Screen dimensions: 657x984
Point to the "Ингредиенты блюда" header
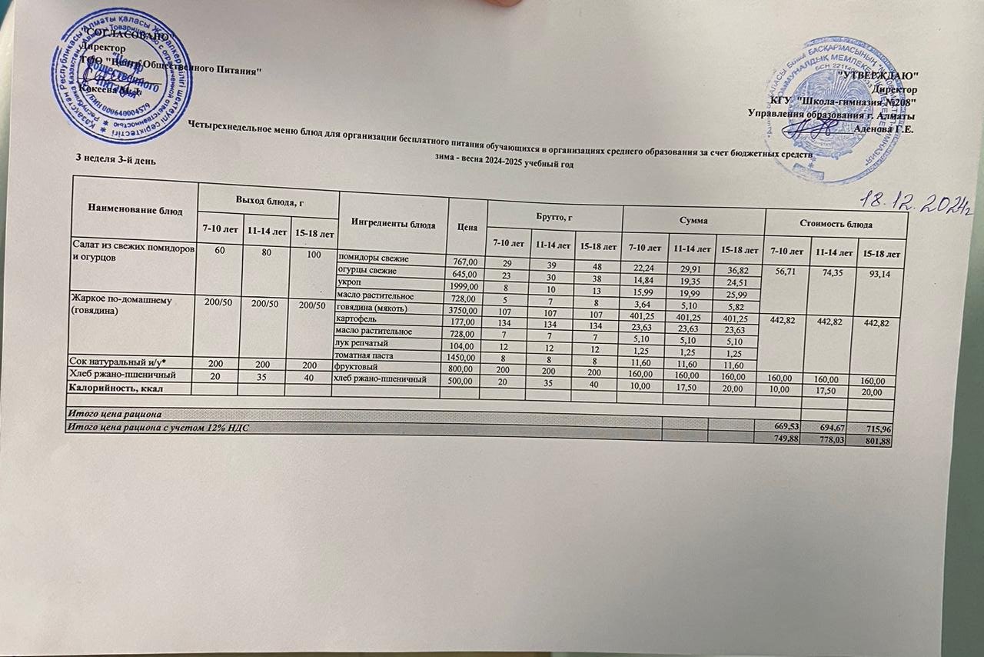[x=391, y=222]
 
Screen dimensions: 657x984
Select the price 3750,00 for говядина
[x=464, y=309]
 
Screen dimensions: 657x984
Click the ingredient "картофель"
[x=359, y=318]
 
